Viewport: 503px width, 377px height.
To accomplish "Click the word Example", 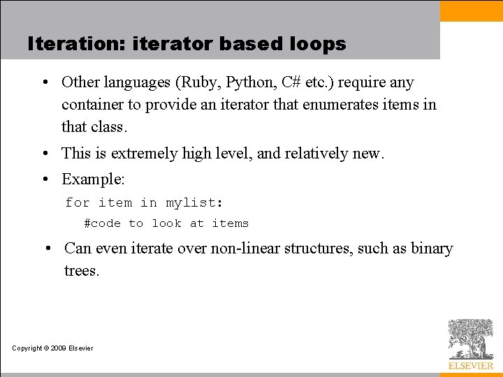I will pos(93,179).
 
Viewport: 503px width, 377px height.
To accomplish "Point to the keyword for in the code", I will pos(77,202).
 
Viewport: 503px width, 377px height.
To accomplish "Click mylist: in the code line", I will pos(194,202).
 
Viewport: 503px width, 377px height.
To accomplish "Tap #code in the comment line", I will pos(102,223).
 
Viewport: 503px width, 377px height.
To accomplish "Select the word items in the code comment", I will pos(230,223).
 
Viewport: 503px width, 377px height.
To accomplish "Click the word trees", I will pos(82,270).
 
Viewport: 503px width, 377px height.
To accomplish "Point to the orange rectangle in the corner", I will pos(471,10).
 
